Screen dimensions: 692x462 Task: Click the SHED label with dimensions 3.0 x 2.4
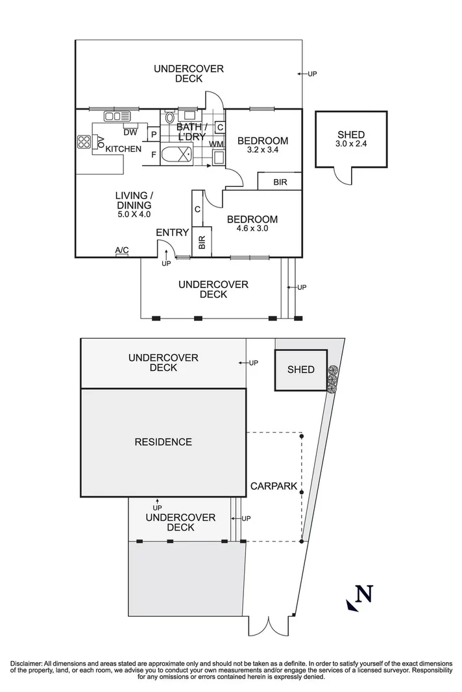[x=351, y=139]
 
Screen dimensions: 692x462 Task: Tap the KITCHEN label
[x=123, y=149]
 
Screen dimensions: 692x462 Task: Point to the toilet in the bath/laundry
[x=169, y=117]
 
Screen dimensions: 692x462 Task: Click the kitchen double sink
[x=117, y=117]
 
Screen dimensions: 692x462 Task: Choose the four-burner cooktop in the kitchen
[x=84, y=142]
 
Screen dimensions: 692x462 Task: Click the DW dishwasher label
[x=130, y=133]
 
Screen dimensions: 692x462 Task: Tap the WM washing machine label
[x=216, y=143]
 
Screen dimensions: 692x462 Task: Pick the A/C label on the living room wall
[x=121, y=250]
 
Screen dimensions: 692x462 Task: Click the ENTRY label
[x=173, y=232]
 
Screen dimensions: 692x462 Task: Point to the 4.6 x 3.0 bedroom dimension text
[x=252, y=228]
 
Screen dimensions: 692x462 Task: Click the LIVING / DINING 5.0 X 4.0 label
[x=134, y=205]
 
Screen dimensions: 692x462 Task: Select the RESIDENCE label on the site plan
[x=163, y=442]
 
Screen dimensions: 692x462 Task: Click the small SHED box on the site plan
[x=300, y=370]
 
